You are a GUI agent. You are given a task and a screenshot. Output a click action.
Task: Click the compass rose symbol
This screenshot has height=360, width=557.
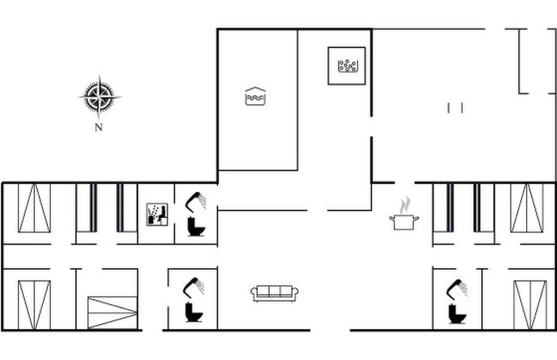pos(99,97)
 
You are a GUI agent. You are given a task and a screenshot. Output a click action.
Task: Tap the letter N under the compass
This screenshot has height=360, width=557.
pos(99,127)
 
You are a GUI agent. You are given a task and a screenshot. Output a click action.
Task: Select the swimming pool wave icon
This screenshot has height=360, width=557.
pos(255,96)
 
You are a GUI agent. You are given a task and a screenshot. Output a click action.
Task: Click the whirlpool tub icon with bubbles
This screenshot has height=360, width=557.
pos(347,66)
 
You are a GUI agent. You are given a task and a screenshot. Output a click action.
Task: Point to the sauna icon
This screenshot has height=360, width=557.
pos(157,214)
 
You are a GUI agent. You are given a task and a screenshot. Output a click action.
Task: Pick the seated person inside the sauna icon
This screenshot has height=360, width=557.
pos(162,214)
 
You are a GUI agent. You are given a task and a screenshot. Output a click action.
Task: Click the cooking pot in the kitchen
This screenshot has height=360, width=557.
pos(404,222)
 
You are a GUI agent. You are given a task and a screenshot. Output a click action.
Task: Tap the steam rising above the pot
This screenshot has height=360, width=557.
pos(404,206)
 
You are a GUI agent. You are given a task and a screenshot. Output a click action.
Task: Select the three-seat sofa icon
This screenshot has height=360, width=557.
pos(274,293)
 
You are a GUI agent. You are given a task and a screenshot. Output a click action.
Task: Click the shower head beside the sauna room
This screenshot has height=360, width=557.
pos(195,201)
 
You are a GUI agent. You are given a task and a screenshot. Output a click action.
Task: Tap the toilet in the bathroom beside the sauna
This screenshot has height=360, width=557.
pos(196,226)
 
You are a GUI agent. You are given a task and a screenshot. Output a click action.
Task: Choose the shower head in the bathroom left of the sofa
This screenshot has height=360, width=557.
pos(194,286)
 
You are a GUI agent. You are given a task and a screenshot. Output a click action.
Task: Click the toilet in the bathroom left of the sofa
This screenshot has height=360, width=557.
pos(194,312)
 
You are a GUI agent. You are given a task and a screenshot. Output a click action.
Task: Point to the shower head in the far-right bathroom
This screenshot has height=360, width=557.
pos(457,289)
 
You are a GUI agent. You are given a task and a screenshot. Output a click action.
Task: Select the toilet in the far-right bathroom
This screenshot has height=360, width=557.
pos(458,314)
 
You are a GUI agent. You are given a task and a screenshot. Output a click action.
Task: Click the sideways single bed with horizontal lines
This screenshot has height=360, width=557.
pos(112,312)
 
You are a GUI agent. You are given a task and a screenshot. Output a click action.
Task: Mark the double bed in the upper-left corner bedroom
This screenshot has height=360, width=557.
pos(34,208)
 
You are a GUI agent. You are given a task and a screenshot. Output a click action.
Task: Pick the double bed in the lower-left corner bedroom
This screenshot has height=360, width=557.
pos(34,305)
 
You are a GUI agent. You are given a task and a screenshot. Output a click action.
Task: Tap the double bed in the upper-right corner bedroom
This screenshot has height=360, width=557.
pos(527,208)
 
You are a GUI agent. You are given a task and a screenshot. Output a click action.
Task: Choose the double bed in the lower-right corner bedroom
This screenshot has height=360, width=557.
pos(530,305)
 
